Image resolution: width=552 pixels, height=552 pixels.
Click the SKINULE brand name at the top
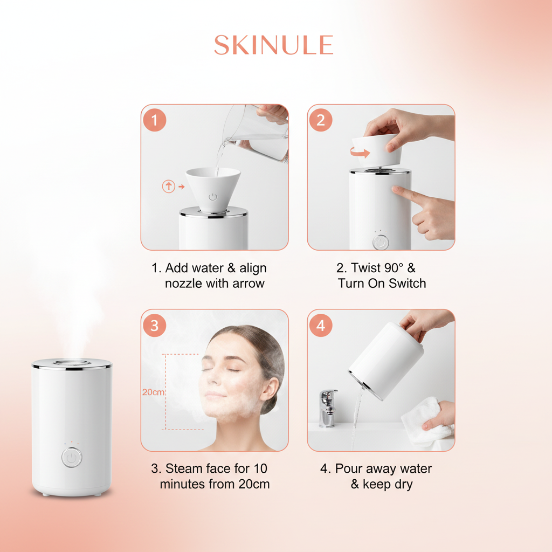(273, 45)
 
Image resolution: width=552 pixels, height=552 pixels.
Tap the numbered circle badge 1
(155, 120)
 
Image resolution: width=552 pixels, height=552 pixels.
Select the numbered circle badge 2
(321, 120)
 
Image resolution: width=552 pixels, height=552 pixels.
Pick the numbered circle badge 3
(155, 326)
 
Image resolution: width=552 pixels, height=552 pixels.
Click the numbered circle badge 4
(321, 326)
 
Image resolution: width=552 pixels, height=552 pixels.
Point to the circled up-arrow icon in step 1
(169, 187)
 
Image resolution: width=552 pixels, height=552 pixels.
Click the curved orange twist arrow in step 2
(361, 153)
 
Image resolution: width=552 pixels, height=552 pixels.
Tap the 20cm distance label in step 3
(153, 392)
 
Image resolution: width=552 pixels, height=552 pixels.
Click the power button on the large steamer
(72, 458)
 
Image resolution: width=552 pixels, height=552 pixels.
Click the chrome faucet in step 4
(327, 407)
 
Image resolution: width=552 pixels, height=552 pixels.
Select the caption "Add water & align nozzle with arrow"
(209, 275)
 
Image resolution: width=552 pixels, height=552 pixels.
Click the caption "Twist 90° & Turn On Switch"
(381, 275)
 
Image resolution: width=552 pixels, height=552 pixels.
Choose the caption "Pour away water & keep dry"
(377, 476)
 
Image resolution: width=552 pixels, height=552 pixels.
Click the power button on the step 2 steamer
(381, 242)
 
